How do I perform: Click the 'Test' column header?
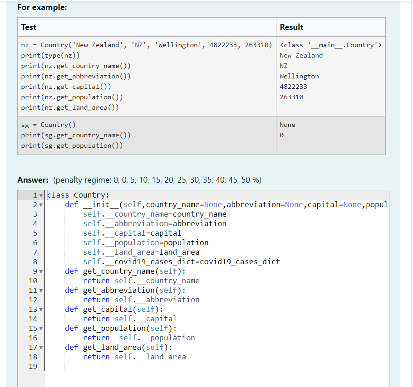tap(29, 27)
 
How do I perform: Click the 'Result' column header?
tap(291, 27)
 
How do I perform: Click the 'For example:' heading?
tap(42, 7)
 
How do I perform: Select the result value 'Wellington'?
tap(299, 76)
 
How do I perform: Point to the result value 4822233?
tap(293, 87)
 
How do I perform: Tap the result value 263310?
tap(291, 97)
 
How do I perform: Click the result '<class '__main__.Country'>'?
tap(331, 45)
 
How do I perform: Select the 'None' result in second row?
tap(287, 125)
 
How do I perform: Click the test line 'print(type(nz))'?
tap(50, 55)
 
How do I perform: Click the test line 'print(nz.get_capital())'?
tap(66, 87)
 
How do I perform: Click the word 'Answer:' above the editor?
tap(34, 180)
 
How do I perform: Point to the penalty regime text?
tap(157, 180)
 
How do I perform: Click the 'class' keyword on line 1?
tap(58, 195)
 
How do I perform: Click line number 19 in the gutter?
tap(33, 367)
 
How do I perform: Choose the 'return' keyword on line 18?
tap(96, 357)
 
